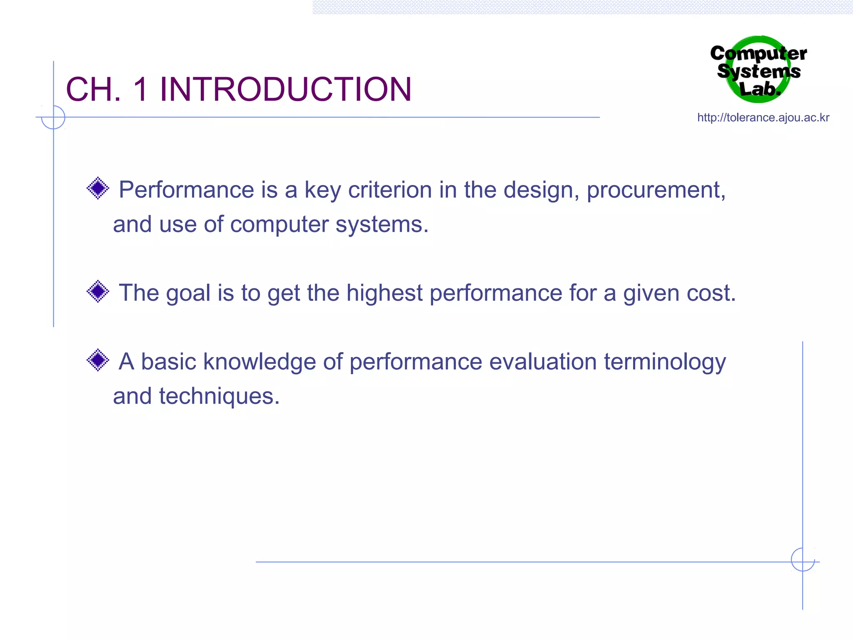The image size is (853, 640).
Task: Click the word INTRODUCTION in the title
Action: click(285, 89)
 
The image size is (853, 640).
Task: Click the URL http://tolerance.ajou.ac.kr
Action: click(763, 117)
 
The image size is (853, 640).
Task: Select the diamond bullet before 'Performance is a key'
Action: click(98, 188)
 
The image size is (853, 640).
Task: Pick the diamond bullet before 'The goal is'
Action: click(98, 291)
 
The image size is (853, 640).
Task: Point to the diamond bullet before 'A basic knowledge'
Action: click(98, 360)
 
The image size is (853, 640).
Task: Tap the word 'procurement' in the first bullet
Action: click(656, 191)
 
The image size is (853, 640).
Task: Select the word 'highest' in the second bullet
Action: click(384, 293)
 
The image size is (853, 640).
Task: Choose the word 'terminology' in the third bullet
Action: click(665, 362)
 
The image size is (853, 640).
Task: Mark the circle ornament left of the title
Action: click(53, 117)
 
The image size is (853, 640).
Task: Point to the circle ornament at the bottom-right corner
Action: click(803, 560)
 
